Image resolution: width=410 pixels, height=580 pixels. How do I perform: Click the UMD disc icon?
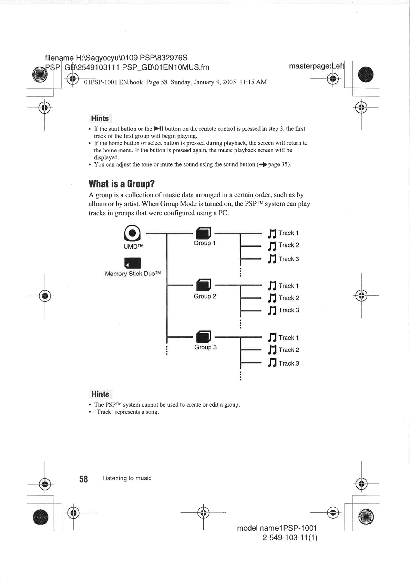coord(133,233)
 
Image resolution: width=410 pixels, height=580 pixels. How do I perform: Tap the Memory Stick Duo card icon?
coord(133,263)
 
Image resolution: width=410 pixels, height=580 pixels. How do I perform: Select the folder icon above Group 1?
coord(203,233)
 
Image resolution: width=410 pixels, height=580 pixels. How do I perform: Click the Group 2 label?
coord(205,296)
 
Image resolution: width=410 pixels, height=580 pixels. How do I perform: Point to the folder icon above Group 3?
coord(203,336)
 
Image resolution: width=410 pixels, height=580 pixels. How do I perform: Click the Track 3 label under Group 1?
coord(289,259)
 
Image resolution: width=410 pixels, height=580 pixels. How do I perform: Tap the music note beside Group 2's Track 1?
coord(272,286)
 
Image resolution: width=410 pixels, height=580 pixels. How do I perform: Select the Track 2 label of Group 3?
coord(289,350)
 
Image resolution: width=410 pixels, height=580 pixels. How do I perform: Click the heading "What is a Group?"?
coord(122,183)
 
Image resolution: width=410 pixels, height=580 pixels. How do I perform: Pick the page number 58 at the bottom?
coord(83,479)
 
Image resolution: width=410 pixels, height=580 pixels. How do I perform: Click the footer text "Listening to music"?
coord(127,478)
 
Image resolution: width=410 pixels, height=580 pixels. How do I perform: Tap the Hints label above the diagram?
coord(100,119)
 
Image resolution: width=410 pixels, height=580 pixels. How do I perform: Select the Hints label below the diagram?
coord(100,394)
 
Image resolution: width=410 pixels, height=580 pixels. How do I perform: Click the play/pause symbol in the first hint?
coord(158,129)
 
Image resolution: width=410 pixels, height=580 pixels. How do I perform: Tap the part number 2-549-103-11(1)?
coord(290,537)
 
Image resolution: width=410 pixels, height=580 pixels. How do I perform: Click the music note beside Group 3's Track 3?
coord(272,363)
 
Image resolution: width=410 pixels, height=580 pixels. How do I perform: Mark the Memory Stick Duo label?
coord(133,274)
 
